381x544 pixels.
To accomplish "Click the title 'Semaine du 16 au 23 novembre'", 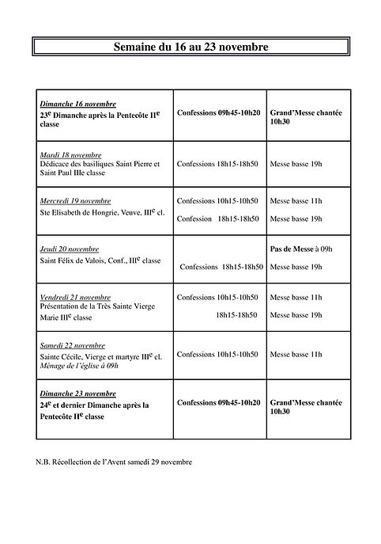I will [190, 48].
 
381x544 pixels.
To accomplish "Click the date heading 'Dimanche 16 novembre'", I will [78, 104].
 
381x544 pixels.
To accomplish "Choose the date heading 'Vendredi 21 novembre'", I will [76, 296].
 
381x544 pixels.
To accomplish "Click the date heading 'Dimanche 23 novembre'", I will [78, 393].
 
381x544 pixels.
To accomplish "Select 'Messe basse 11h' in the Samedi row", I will [296, 355].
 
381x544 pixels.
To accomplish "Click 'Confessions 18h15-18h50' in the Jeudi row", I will [221, 268].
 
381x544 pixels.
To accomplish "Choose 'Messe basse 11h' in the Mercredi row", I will [296, 201].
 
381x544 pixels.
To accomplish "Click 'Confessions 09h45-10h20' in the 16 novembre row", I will [217, 113].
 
